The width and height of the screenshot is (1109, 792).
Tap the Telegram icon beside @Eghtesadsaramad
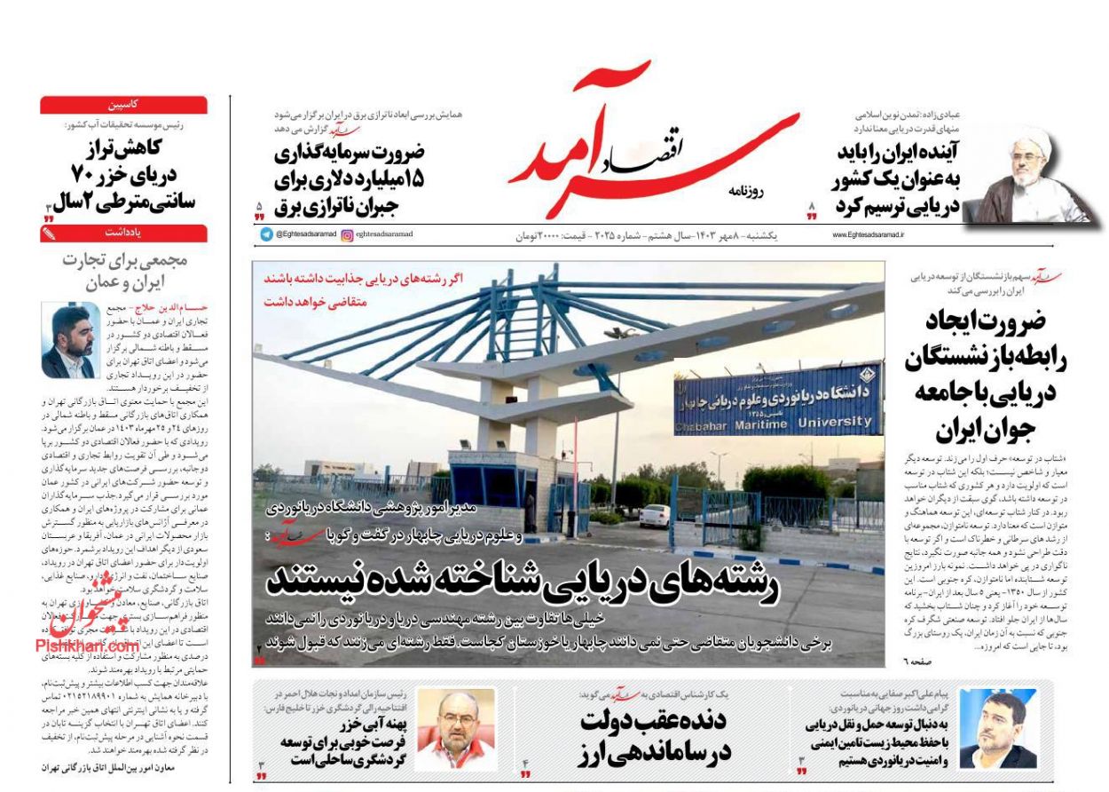point(266,234)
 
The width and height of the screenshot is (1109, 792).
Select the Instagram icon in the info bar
point(347,234)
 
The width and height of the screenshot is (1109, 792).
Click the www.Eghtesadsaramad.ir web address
point(868,234)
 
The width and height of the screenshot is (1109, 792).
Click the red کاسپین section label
point(123,105)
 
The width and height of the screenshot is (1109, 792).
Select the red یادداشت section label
point(123,234)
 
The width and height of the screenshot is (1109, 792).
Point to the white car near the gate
point(655,517)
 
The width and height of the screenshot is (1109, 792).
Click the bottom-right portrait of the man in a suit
point(997,729)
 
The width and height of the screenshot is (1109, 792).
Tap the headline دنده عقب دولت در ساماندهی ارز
point(655,737)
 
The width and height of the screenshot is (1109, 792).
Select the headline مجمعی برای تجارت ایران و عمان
point(123,272)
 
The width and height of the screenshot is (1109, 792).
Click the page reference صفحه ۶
point(918,661)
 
